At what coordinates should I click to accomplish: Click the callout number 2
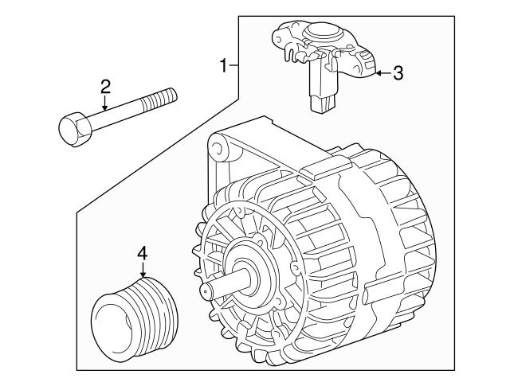point(104,86)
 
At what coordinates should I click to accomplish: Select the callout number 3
point(398,74)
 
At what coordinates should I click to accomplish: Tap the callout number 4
point(143,254)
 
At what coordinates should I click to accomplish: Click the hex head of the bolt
point(72,127)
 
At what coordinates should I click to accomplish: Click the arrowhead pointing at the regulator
point(379,73)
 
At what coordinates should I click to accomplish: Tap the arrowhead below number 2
point(104,111)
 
